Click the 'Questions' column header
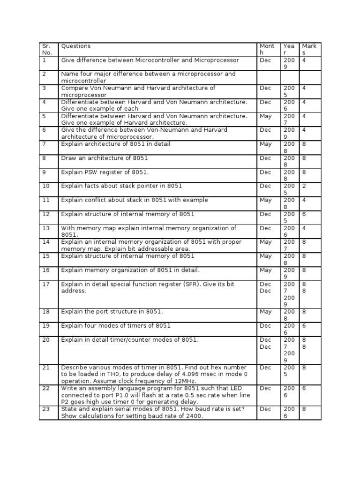76,46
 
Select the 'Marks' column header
309,49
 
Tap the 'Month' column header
267,49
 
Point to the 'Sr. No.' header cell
47,49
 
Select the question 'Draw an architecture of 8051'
104,158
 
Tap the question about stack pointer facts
121,186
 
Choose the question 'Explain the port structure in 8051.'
112,312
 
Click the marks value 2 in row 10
304,186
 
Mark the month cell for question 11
266,200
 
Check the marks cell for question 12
304,214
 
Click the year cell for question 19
289,329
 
